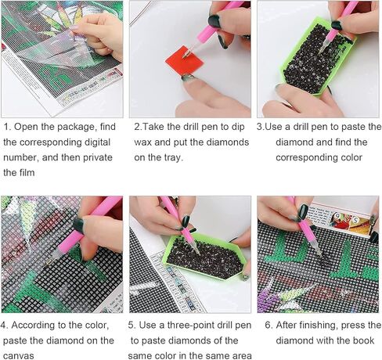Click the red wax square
185,61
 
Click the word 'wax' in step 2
142,142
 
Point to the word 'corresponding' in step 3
302,157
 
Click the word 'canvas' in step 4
19,356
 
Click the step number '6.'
268,326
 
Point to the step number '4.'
5,326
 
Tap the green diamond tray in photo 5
206,257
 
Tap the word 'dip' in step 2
237,127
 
